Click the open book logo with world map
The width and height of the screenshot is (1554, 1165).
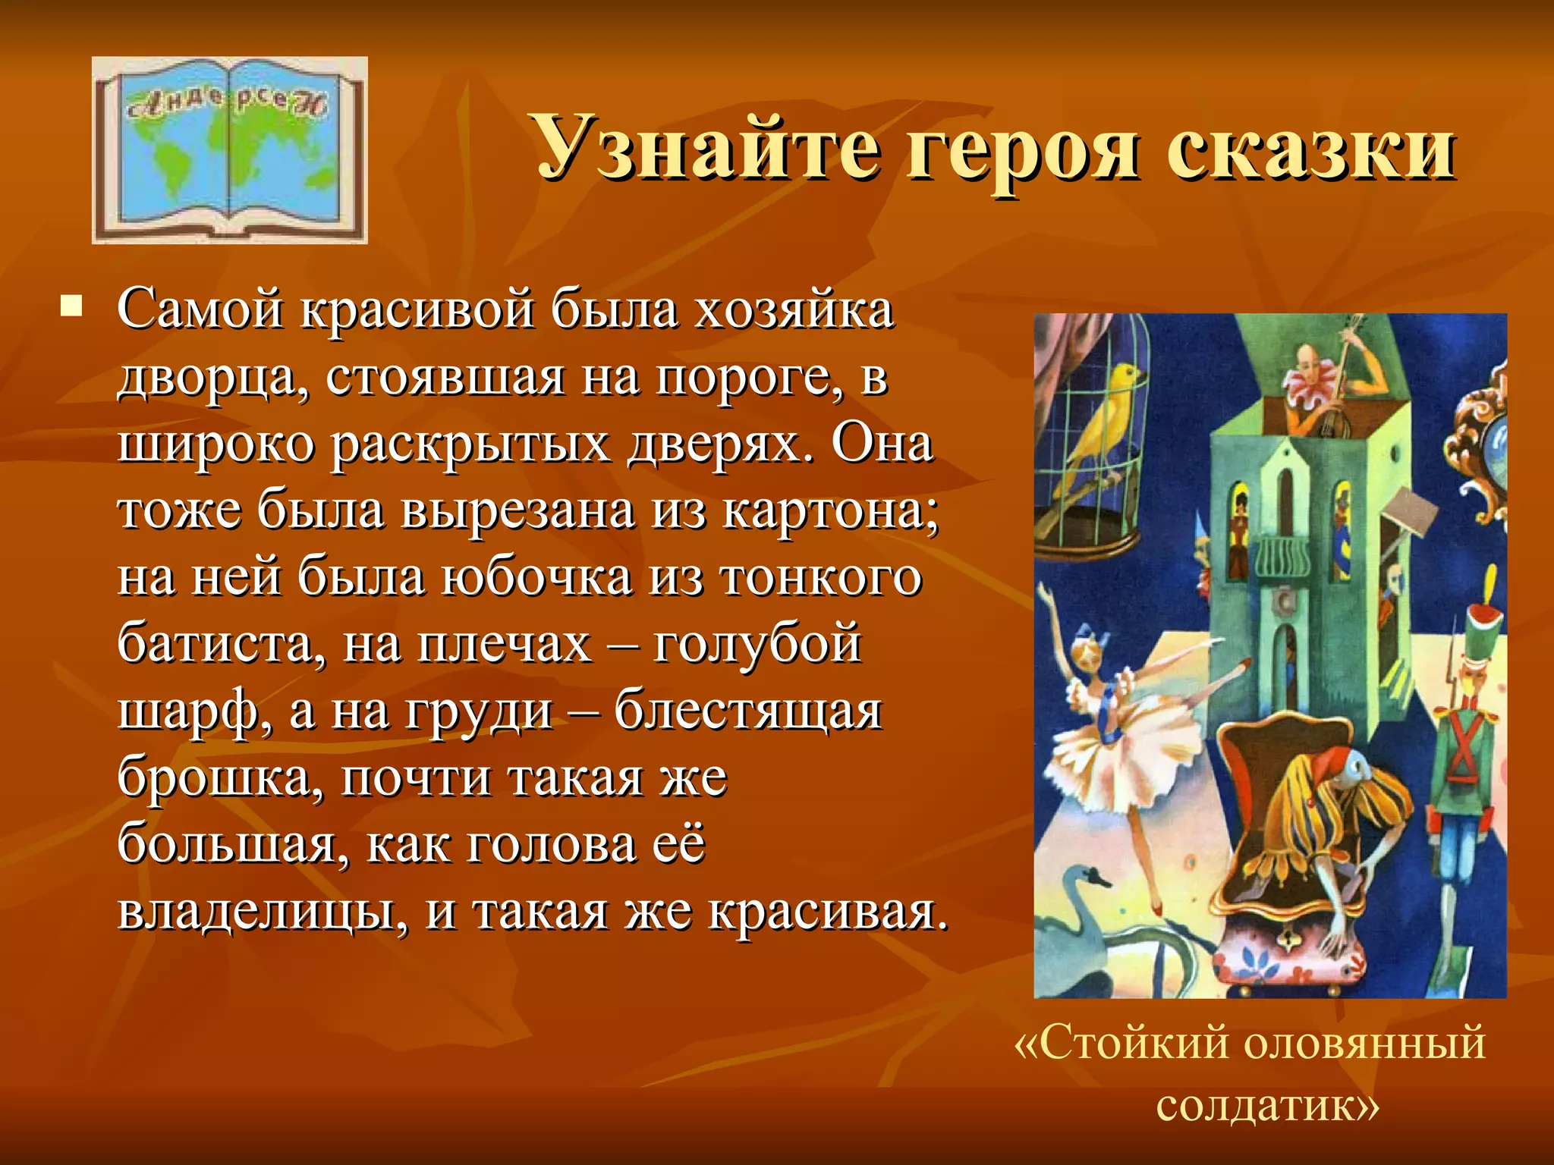click(229, 150)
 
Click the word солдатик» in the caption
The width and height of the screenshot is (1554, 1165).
click(1266, 1106)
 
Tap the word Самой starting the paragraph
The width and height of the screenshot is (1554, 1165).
click(199, 310)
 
